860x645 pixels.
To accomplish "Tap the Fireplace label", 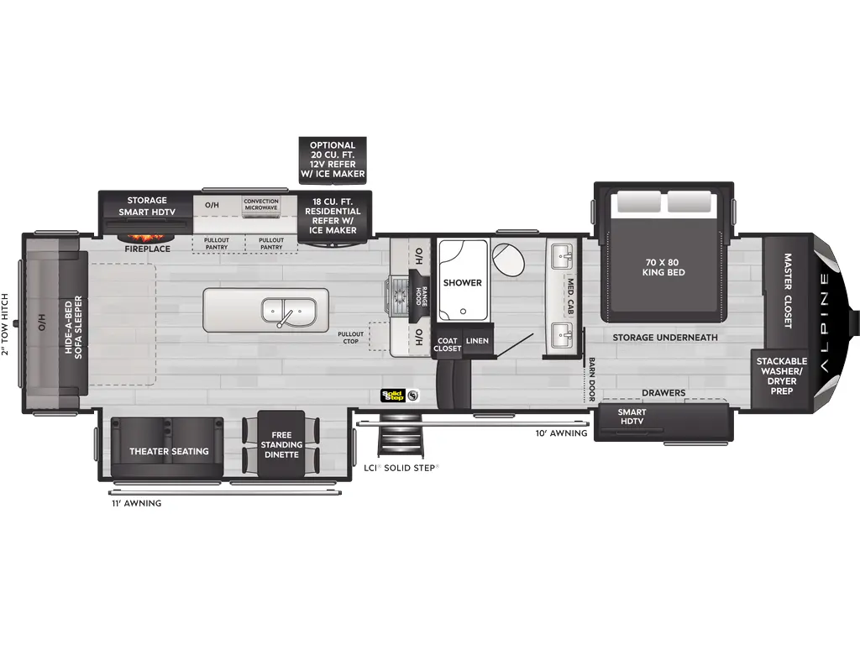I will (x=148, y=249).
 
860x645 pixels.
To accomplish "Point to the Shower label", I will (x=462, y=283).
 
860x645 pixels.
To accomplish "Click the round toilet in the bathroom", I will (x=509, y=260).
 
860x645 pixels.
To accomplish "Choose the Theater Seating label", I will (x=169, y=452).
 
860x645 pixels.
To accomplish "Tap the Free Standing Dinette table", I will (x=281, y=445).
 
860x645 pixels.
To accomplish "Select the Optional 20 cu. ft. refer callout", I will (x=333, y=160).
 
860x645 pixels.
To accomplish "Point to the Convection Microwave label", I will (x=261, y=205).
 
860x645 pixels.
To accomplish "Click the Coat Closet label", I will (x=447, y=344).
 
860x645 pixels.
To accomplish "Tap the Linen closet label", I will (x=477, y=340).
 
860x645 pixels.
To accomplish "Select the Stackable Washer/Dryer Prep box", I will (x=781, y=376).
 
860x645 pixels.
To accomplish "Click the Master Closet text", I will (x=788, y=291).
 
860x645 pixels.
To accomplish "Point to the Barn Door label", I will (x=592, y=379).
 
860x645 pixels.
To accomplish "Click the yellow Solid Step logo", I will (x=394, y=395).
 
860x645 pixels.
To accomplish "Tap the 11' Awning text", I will (x=135, y=504).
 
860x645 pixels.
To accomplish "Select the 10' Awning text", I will (x=557, y=433).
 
